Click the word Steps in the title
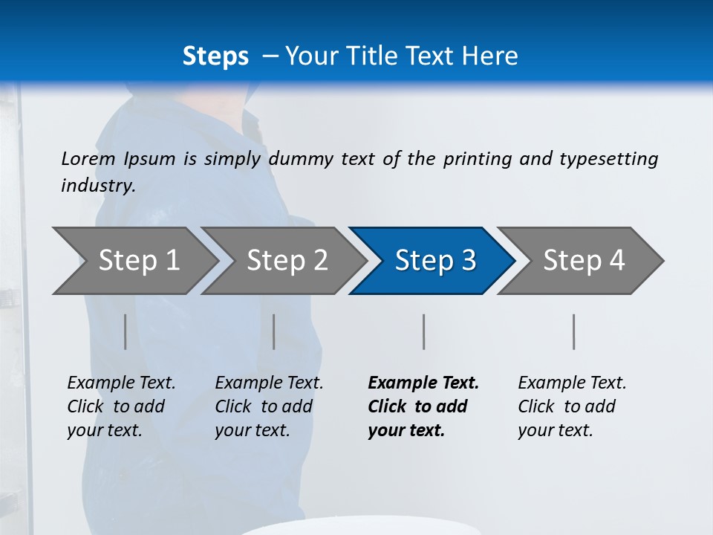215,56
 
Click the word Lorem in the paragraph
88,158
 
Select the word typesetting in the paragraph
608,158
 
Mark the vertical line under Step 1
126,331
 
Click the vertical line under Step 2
274,331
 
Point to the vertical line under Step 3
423,331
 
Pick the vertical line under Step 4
573,331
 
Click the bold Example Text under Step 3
423,383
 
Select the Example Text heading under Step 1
121,383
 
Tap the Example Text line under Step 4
572,383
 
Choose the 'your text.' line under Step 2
252,430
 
